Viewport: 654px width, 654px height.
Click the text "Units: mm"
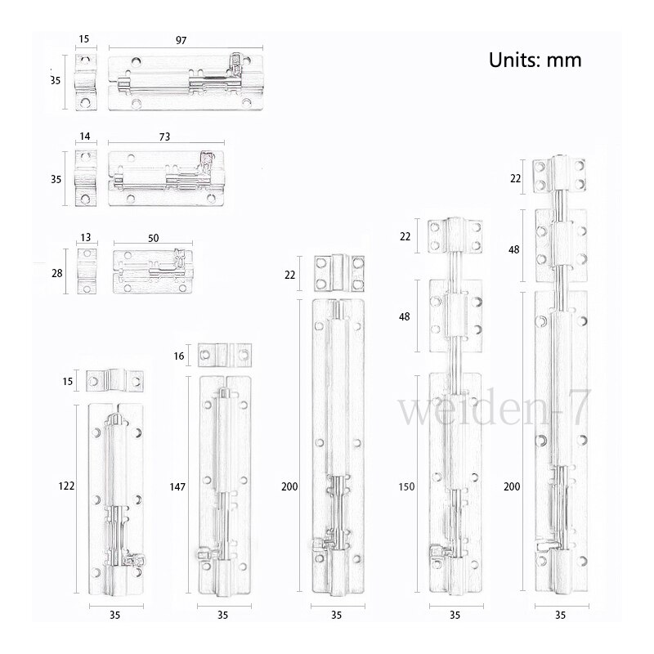coord(535,60)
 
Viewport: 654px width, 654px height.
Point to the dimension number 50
coord(154,237)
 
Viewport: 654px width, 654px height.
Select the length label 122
coord(67,486)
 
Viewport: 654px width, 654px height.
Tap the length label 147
coord(177,486)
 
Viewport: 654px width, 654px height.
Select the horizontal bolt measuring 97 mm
coord(188,82)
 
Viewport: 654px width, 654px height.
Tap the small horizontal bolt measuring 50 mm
coord(154,271)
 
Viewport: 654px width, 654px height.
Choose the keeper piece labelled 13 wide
coord(86,271)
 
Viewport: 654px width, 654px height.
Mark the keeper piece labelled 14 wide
coord(85,173)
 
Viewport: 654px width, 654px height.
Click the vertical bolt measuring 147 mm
coord(224,486)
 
